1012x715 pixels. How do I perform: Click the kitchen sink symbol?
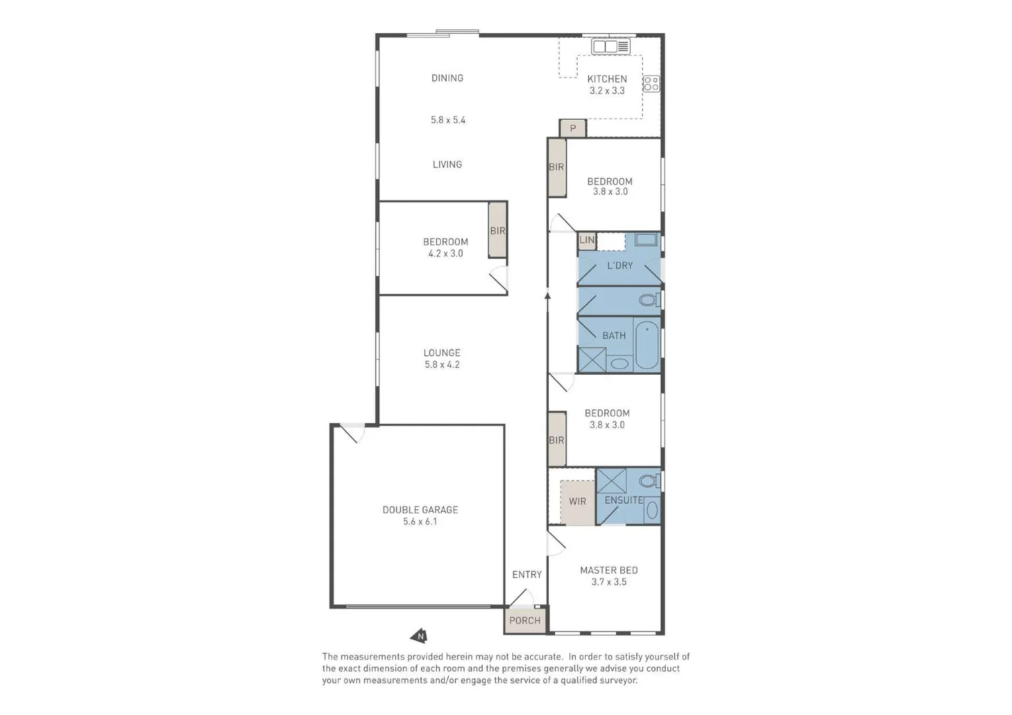tap(610, 46)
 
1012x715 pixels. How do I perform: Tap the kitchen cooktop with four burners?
tap(651, 83)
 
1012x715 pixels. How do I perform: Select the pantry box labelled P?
tap(573, 128)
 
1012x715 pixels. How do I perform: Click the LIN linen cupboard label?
tap(587, 240)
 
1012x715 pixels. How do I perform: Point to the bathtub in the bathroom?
tap(647, 344)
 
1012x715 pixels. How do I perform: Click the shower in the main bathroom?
tap(592, 359)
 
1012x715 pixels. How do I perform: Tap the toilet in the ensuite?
tap(649, 481)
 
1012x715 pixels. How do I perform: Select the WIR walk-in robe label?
tap(577, 501)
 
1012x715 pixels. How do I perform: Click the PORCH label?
tap(525, 620)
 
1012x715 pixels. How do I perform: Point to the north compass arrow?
tap(418, 636)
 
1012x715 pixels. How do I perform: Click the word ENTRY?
tap(527, 575)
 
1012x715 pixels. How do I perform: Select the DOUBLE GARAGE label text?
tap(420, 510)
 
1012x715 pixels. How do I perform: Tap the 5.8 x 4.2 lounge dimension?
tap(442, 365)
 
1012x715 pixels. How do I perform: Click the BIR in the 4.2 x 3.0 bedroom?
tap(498, 230)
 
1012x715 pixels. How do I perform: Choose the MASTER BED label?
tap(609, 570)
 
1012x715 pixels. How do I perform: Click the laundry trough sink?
tap(646, 240)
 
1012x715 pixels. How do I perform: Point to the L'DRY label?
tap(620, 265)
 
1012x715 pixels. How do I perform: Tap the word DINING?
tap(447, 78)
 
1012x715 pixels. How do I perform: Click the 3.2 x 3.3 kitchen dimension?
tap(607, 91)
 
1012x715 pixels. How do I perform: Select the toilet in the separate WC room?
tap(649, 301)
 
